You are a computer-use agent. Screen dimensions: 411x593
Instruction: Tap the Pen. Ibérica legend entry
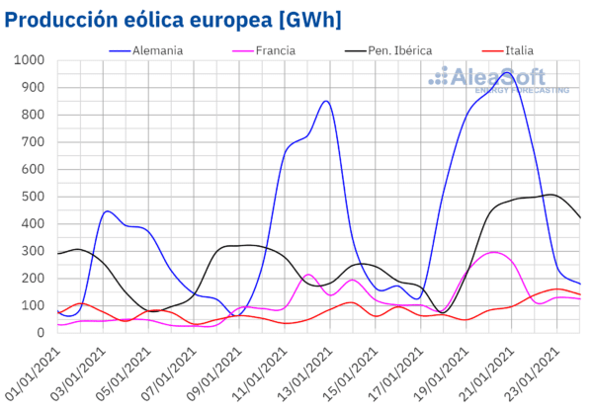tap(395, 49)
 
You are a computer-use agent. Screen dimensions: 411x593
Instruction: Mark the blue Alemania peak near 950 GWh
tap(507, 73)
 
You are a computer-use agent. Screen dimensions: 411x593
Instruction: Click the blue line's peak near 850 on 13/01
tap(326, 101)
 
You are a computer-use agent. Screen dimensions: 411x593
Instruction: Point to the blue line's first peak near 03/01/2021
tap(108, 211)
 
